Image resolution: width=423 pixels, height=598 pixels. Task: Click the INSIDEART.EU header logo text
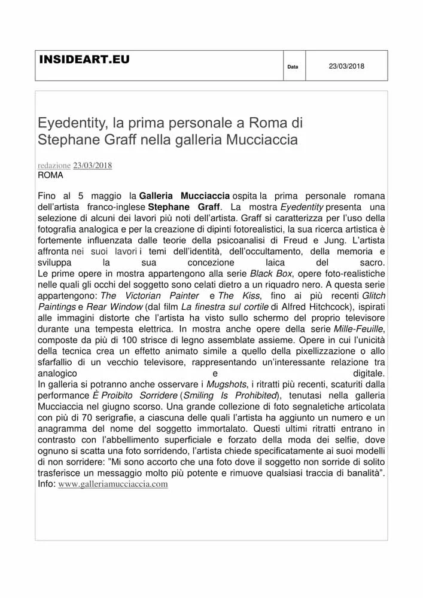84,60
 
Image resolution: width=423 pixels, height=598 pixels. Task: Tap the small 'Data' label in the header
293,67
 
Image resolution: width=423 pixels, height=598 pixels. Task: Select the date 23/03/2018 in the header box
346,66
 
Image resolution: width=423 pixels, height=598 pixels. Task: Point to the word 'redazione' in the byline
54,166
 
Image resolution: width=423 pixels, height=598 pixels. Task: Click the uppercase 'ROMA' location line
50,175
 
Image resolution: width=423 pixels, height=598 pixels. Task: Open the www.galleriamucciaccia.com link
113,484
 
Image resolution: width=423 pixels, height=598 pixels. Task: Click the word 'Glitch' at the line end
374,295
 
